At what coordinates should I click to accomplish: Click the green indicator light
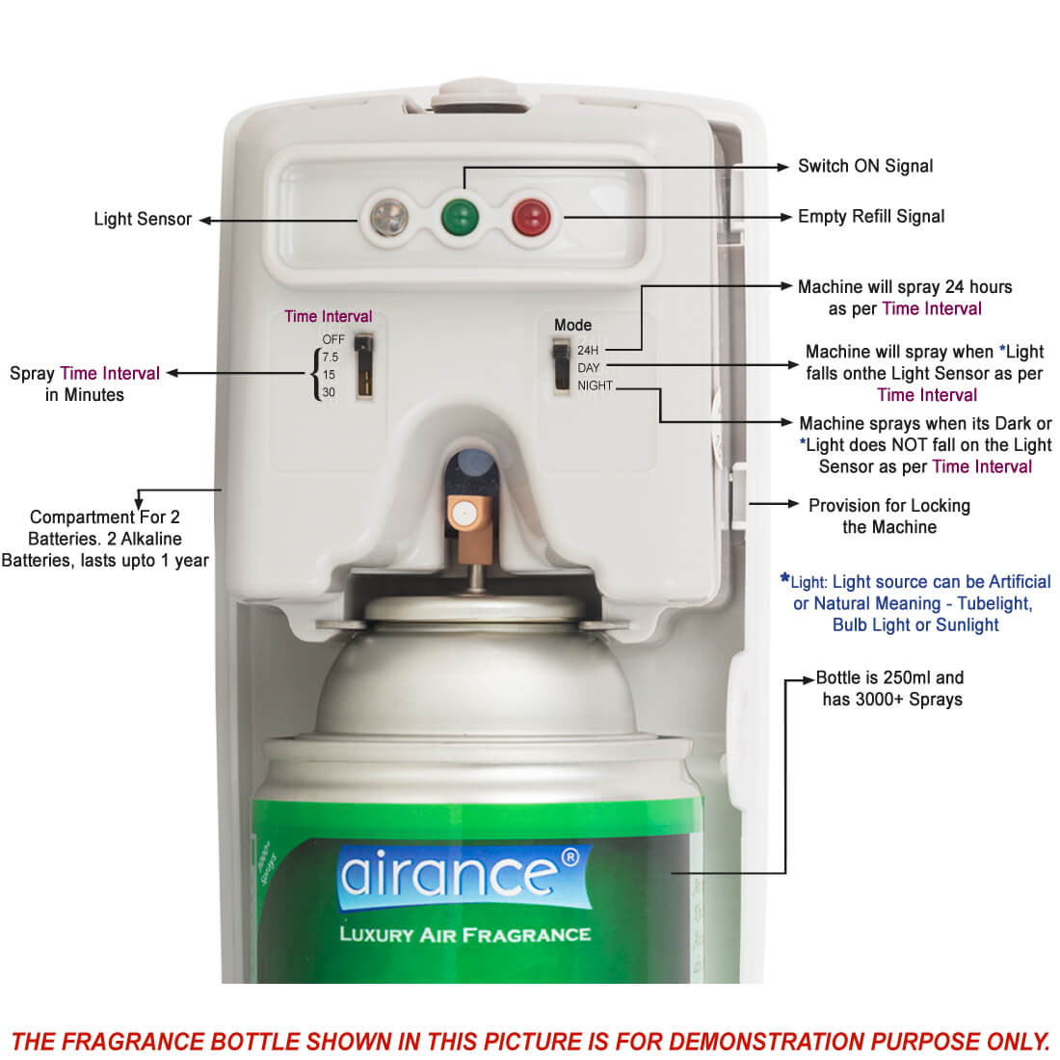click(460, 218)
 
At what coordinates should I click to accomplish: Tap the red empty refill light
click(531, 218)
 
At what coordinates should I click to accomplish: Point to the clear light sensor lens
click(389, 218)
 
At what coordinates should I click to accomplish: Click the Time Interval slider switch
click(363, 366)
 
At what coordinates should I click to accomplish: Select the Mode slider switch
click(561, 365)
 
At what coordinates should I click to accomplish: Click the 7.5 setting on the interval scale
click(330, 357)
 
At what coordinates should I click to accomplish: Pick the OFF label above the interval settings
click(333, 339)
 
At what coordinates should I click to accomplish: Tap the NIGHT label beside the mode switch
click(595, 385)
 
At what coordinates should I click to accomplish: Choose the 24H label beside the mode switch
click(588, 350)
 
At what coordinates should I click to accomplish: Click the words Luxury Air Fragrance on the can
click(465, 935)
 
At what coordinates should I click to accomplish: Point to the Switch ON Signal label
click(865, 167)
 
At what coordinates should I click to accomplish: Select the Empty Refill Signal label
click(871, 216)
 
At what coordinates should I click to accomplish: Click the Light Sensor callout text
click(143, 219)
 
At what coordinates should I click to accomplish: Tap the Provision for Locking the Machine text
click(889, 516)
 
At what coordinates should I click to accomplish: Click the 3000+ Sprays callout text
click(891, 699)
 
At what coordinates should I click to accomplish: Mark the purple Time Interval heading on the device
click(328, 316)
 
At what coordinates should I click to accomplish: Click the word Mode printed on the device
click(572, 325)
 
